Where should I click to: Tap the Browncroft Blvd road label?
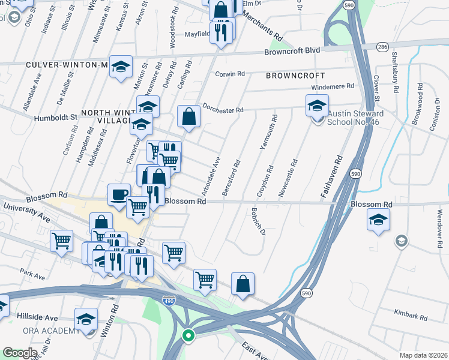(292, 52)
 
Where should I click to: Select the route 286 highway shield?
(382, 46)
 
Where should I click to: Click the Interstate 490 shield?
(169, 301)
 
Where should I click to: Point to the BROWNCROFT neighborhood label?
(295, 76)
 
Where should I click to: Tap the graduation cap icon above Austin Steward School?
(317, 106)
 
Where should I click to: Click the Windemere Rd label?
(329, 86)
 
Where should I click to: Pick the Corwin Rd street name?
(230, 74)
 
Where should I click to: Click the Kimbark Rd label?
(410, 314)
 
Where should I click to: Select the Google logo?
(20, 353)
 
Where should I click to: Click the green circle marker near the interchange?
(188, 336)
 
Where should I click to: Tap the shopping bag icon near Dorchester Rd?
(189, 118)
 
